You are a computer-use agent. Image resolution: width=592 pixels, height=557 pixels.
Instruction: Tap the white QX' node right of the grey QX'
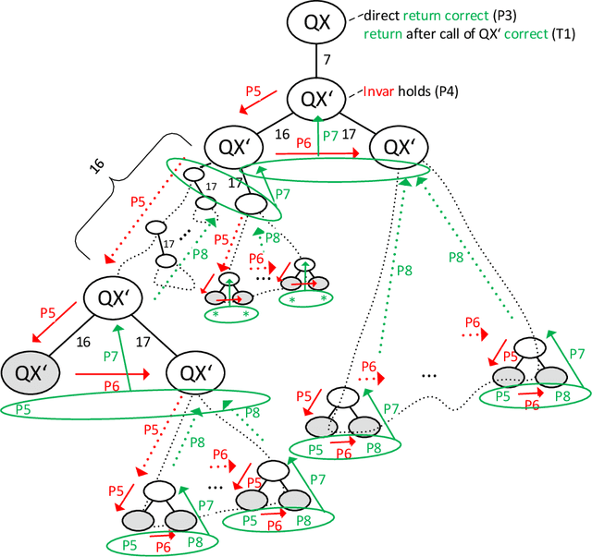(199, 372)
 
